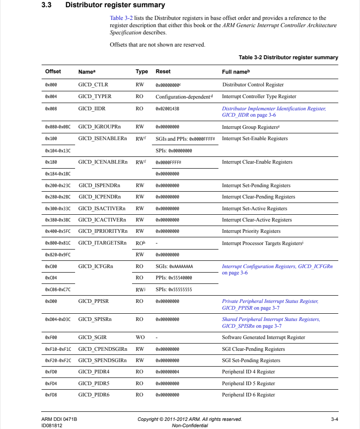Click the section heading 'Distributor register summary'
(x=115, y=5)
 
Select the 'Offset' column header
(x=53, y=72)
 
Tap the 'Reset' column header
(x=163, y=72)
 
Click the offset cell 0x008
(x=51, y=109)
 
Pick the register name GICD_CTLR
(x=93, y=85)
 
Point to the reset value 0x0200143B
(x=167, y=109)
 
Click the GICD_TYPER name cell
(x=95, y=96)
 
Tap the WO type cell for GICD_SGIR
(x=140, y=337)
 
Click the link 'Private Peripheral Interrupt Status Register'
(x=270, y=301)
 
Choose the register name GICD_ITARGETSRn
(x=102, y=243)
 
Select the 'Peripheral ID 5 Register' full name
(x=248, y=383)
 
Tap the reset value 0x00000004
(x=167, y=372)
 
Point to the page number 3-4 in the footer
(x=335, y=419)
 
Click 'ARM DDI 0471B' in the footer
(x=56, y=419)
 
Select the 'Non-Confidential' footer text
(x=189, y=425)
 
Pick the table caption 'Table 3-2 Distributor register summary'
(x=288, y=57)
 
